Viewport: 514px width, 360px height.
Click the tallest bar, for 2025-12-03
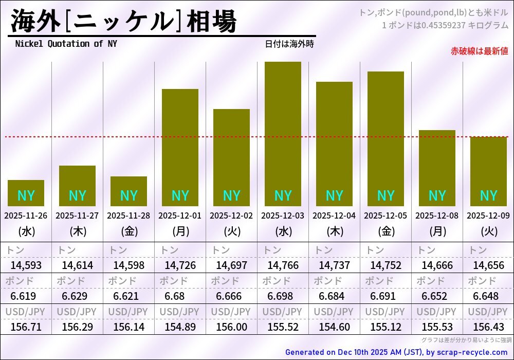(283, 129)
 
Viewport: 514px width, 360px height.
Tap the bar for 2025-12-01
(180, 144)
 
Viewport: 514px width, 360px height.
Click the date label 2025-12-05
(385, 215)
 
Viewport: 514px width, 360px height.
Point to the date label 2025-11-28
(128, 215)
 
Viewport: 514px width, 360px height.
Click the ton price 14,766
(283, 265)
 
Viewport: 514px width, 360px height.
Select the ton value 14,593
(26, 265)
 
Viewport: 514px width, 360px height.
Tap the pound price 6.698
(283, 296)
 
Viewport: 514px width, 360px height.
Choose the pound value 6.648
(488, 296)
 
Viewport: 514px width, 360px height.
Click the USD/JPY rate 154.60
(334, 327)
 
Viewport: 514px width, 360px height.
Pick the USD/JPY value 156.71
(26, 327)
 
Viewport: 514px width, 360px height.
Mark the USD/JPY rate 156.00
(231, 327)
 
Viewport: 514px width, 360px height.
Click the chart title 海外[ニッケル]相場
(123, 22)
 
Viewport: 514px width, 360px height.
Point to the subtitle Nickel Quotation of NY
(66, 44)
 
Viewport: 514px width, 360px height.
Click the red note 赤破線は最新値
(479, 51)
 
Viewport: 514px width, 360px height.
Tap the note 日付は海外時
(289, 44)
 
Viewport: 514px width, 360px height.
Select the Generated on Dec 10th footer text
(396, 352)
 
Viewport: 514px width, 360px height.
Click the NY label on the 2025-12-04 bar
(334, 195)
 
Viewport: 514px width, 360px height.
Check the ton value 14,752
(385, 265)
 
